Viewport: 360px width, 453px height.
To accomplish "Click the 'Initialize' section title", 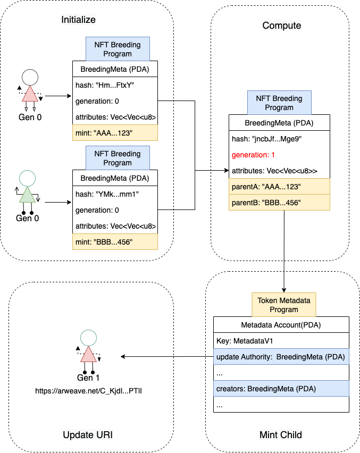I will pyautogui.click(x=78, y=20).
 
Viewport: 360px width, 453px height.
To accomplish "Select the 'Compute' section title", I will pyautogui.click(x=282, y=26).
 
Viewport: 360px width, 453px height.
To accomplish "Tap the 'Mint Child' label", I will pyautogui.click(x=281, y=435).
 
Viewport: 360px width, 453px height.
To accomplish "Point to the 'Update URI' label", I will pyautogui.click(x=88, y=435).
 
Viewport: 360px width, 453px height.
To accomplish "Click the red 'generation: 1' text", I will pyautogui.click(x=253, y=156).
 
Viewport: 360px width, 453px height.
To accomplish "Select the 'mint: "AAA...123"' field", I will pyautogui.click(x=115, y=132).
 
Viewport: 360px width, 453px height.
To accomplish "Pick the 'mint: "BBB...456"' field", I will pyautogui.click(x=115, y=242).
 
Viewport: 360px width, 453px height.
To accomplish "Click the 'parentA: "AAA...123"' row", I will pyautogui.click(x=279, y=187).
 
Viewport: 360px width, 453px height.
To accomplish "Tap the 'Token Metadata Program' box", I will pyautogui.click(x=284, y=304).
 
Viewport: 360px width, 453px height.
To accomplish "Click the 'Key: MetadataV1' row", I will pyautogui.click(x=281, y=341).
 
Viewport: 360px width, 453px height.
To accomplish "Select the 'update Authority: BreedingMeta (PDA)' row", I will pyautogui.click(x=281, y=356).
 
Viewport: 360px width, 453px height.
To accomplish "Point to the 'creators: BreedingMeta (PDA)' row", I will pyautogui.click(x=281, y=389).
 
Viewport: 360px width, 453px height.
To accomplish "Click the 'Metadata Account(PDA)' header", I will pyautogui.click(x=281, y=325).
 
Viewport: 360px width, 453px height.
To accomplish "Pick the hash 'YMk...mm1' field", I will pyautogui.click(x=115, y=194).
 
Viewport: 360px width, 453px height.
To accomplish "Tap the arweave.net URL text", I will pyautogui.click(x=88, y=391).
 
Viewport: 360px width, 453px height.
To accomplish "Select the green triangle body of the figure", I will pyautogui.click(x=27, y=195).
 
